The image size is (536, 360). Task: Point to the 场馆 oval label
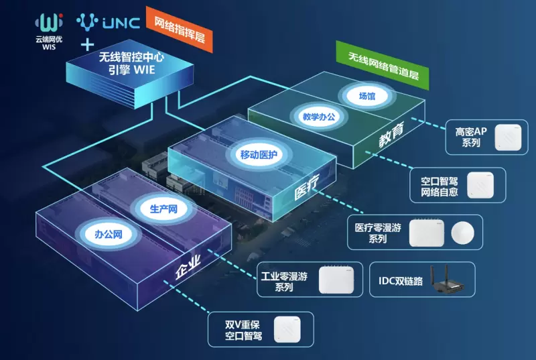tap(366, 95)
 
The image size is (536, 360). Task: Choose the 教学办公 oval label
tap(318, 115)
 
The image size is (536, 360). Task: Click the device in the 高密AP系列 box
tap(507, 137)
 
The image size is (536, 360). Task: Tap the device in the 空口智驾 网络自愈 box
tap(480, 185)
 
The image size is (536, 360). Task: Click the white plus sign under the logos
tap(86, 45)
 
